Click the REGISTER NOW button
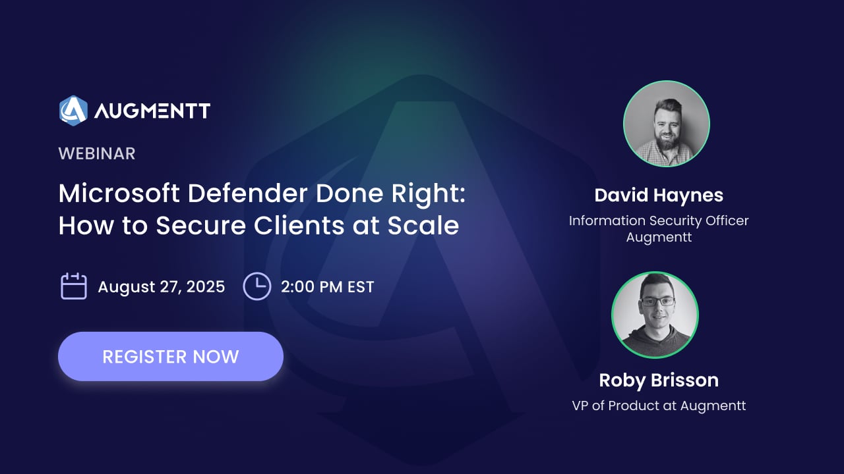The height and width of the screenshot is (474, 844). click(x=171, y=356)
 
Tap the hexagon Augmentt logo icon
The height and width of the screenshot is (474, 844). click(x=73, y=111)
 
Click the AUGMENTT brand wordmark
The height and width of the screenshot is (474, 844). click(x=152, y=111)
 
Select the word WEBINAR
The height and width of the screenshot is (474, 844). click(x=97, y=153)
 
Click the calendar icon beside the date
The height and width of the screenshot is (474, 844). click(x=74, y=286)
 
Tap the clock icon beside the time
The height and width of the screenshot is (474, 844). click(x=257, y=286)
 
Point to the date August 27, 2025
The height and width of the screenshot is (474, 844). click(x=162, y=286)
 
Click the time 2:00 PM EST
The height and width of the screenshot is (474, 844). click(x=328, y=286)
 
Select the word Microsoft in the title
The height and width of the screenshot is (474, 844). click(x=119, y=194)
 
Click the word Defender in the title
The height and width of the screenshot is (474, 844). click(x=247, y=194)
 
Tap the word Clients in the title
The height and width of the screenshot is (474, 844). click(x=299, y=225)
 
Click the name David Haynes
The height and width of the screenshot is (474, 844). click(x=659, y=196)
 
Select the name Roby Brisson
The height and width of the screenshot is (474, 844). click(x=659, y=381)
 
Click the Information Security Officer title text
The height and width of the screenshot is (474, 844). click(x=659, y=221)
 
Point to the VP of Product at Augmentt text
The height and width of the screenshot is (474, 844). click(x=659, y=406)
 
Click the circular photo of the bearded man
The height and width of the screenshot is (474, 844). click(x=667, y=124)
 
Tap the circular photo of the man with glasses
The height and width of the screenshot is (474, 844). click(x=655, y=315)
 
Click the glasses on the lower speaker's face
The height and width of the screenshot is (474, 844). click(x=657, y=302)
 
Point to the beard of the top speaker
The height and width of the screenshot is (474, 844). click(x=667, y=141)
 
